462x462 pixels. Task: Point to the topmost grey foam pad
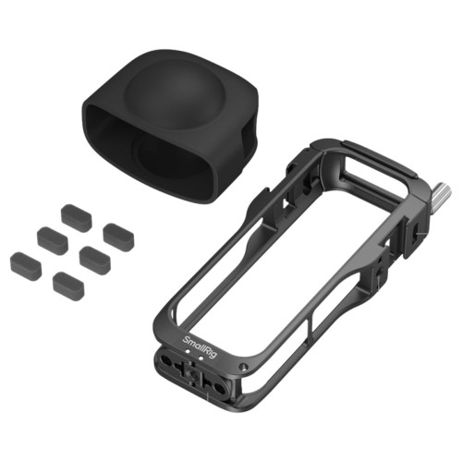tap(77, 213)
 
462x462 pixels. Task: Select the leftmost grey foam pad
tap(26, 262)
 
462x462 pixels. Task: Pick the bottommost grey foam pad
tap(68, 282)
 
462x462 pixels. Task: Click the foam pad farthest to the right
tap(118, 234)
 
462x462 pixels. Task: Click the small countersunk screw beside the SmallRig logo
tap(244, 367)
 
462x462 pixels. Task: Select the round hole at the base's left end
tap(165, 360)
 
